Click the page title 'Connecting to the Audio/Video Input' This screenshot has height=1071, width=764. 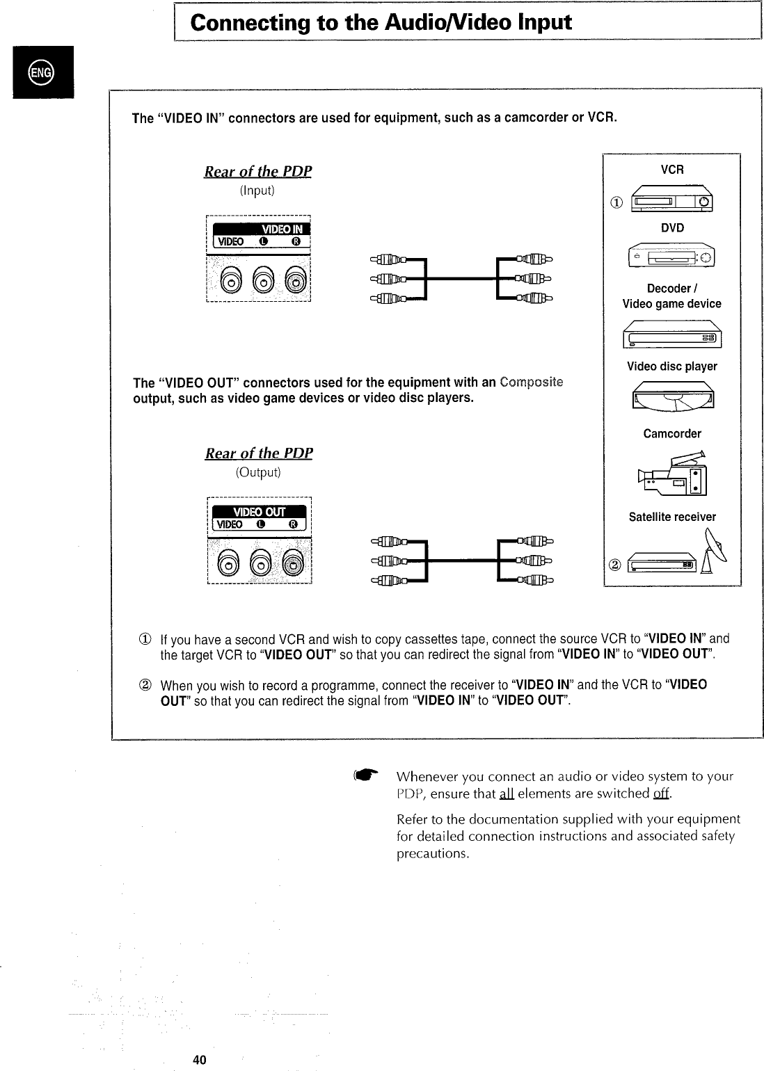(x=381, y=23)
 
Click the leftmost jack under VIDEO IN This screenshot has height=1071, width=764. (x=230, y=281)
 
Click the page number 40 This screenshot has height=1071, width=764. (x=200, y=1060)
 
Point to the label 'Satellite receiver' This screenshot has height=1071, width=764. (x=672, y=517)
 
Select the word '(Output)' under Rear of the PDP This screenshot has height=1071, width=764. (x=258, y=473)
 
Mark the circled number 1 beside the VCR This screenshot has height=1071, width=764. (x=616, y=203)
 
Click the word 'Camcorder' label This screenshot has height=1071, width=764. (x=672, y=434)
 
